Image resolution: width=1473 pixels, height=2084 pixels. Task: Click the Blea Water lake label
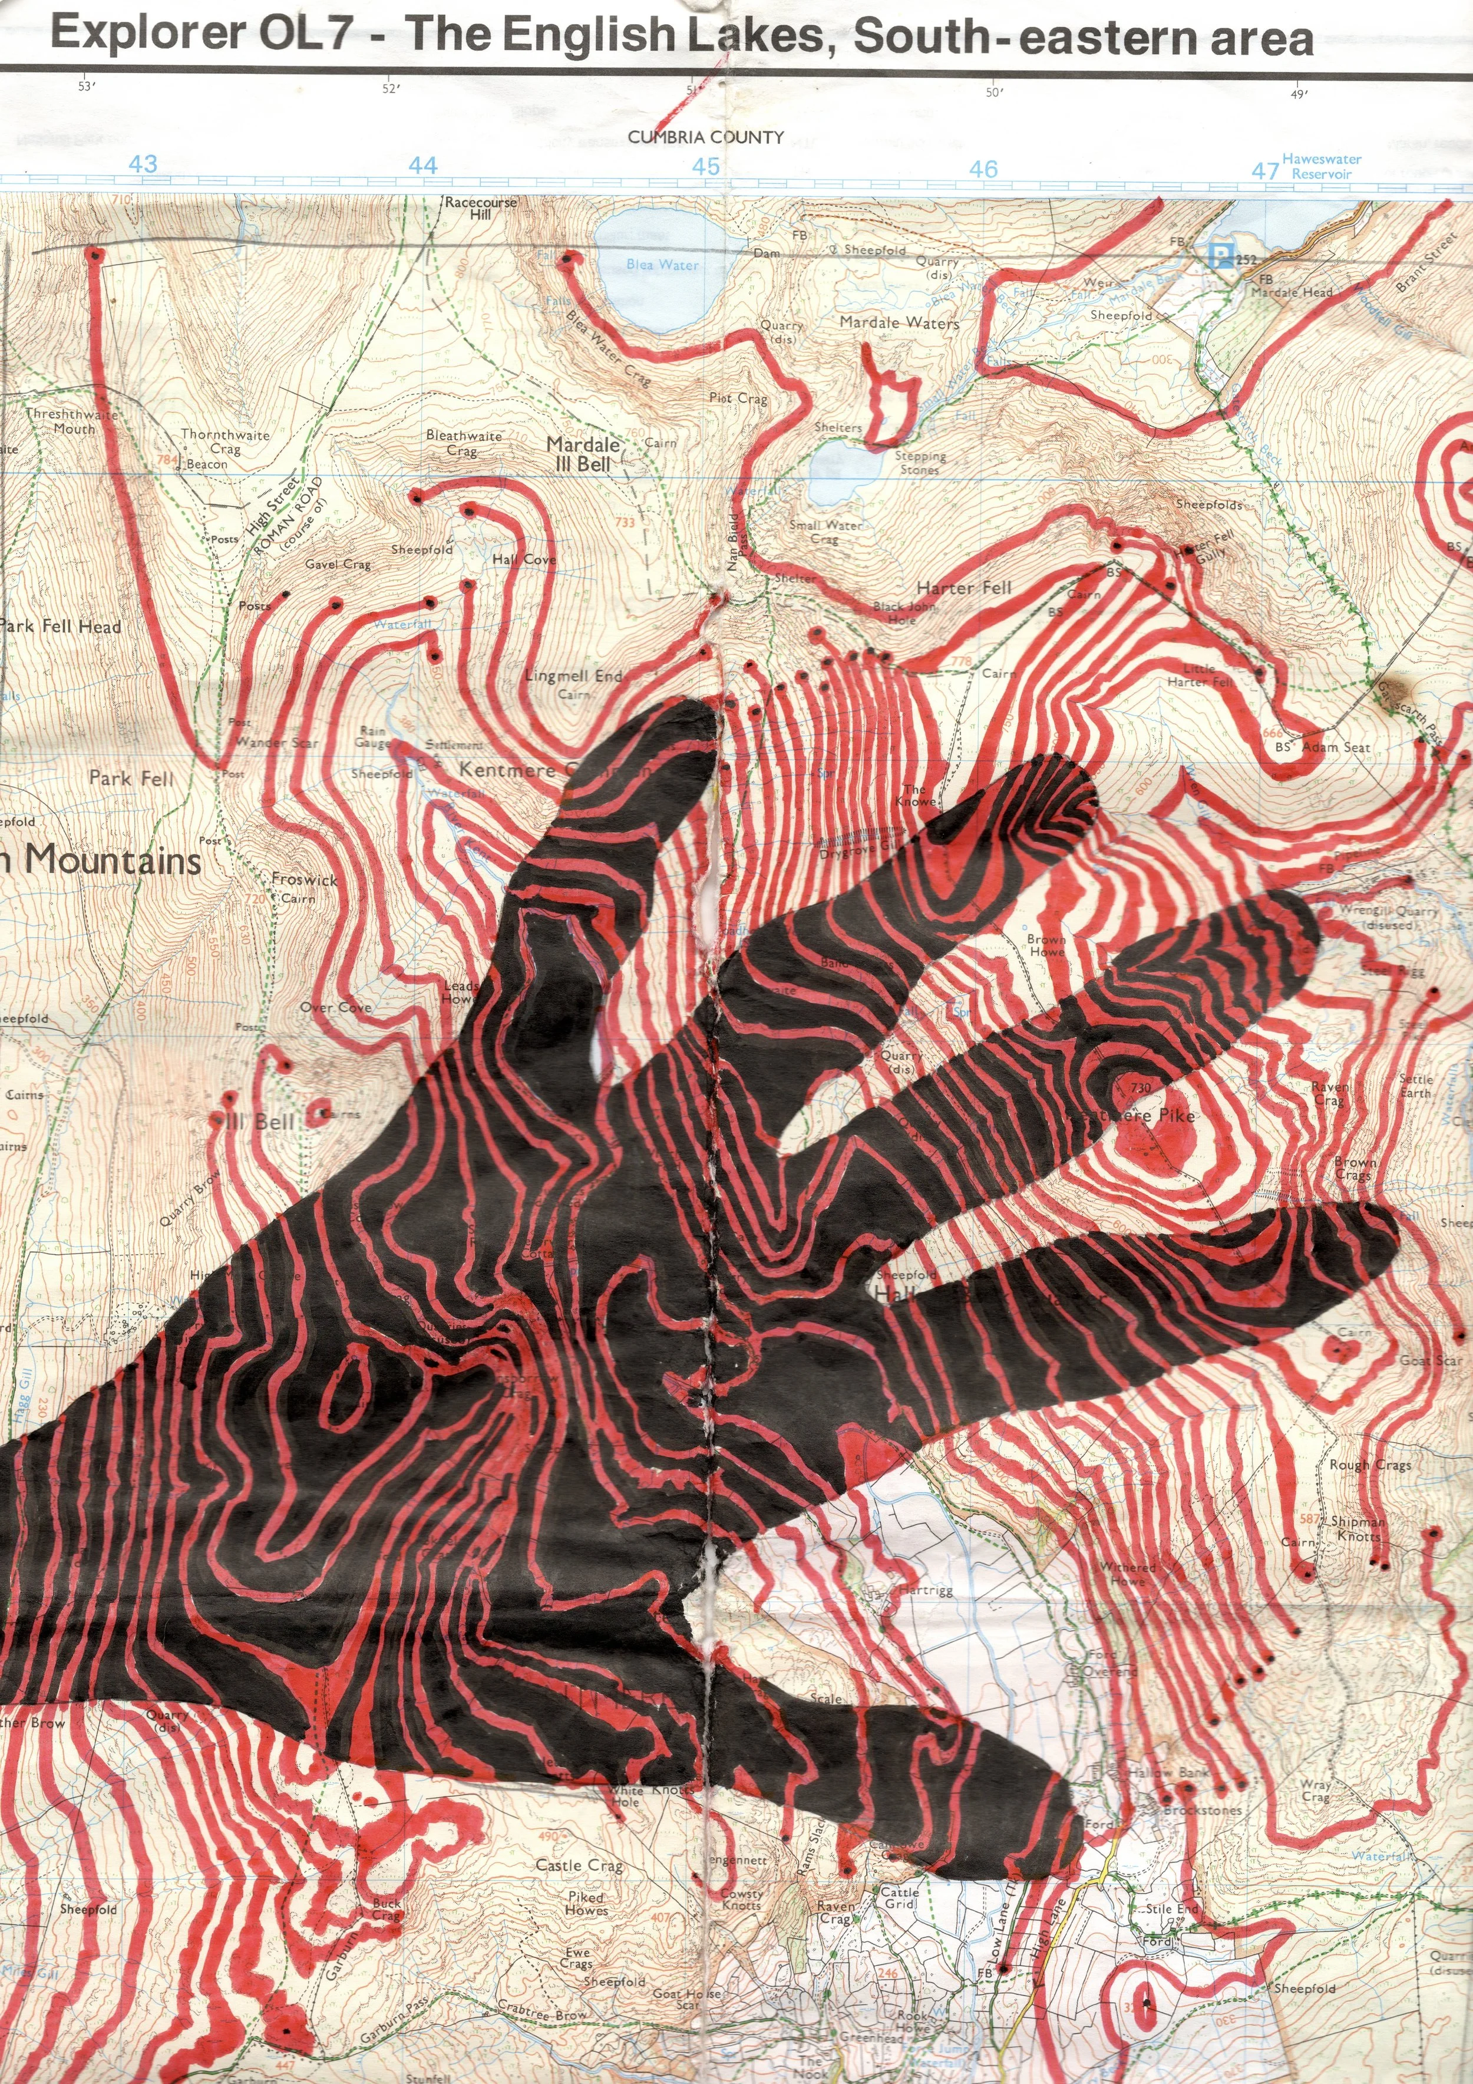coord(662,265)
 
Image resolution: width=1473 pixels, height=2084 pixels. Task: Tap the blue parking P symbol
coord(1223,257)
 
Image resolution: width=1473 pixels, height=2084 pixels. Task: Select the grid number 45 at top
coord(706,166)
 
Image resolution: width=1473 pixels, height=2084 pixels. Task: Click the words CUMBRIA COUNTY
coord(706,137)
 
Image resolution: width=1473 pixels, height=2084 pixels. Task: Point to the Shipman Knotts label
coord(1358,1528)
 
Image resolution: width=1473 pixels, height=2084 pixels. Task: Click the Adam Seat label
coord(1335,747)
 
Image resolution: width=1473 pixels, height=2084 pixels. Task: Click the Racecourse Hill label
coord(480,208)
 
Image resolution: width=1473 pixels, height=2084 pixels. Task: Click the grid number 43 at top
coord(143,164)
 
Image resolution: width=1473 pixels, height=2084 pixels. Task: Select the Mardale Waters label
coord(899,322)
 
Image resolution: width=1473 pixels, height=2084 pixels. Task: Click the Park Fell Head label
coord(60,626)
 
